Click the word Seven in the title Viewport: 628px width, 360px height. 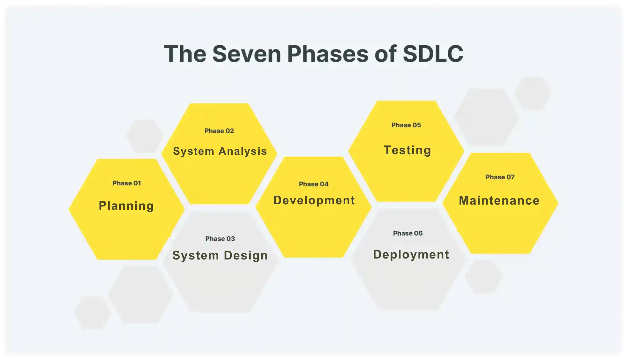pos(247,54)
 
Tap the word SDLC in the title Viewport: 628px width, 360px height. pos(433,54)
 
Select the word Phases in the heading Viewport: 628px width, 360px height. pos(328,54)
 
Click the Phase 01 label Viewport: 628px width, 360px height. pos(127,183)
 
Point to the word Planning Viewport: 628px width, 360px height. pos(126,206)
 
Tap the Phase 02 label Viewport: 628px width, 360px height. pos(219,131)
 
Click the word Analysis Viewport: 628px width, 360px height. pos(243,151)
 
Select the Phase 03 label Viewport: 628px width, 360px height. pos(220,239)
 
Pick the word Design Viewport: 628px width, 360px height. pos(246,256)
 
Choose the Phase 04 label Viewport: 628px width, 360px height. pos(314,184)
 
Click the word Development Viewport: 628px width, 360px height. pos(314,200)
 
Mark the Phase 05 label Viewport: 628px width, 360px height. pos(406,125)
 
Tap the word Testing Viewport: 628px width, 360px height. pos(407,150)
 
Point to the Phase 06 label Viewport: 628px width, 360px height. pos(408,233)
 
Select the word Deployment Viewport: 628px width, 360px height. pos(411,255)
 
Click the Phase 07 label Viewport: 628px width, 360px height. pos(500,177)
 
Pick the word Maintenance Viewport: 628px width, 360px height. pos(499,201)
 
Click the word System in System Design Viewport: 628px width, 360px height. pos(196,256)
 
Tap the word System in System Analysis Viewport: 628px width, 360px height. pos(194,151)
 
